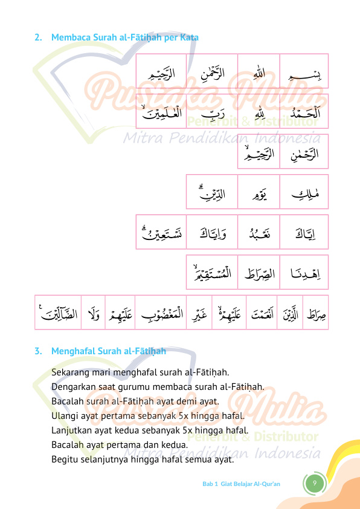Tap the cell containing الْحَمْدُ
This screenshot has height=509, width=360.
304,111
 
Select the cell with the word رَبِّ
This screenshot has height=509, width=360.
212,111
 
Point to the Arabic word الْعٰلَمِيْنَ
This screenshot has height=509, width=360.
161,111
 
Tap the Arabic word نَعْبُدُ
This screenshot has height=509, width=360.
259,232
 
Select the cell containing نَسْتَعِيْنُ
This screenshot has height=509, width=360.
161,232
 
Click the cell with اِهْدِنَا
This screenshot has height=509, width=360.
304,273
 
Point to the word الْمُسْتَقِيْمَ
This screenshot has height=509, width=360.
212,273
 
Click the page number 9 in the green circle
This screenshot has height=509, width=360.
314,484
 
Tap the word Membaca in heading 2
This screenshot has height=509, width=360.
68,37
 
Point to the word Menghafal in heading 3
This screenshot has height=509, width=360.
71,351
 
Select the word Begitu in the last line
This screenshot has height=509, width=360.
64,459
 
